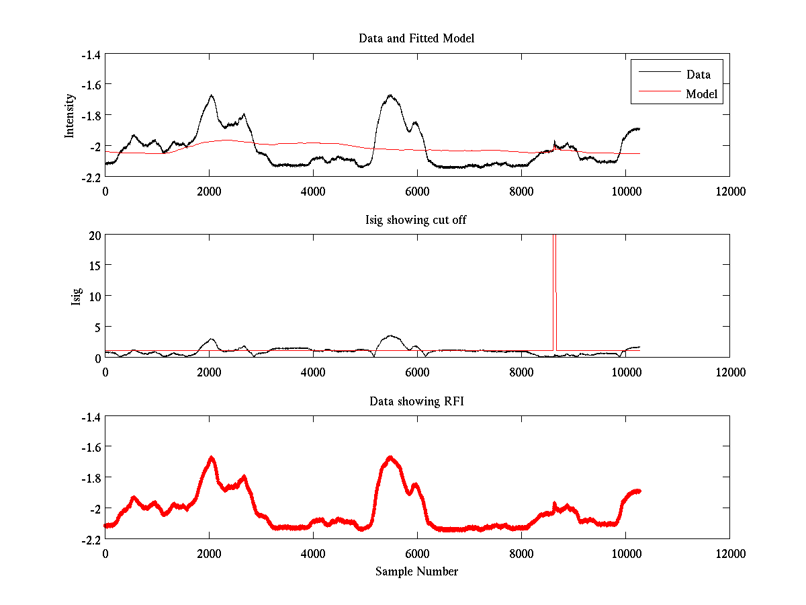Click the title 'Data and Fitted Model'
click(416, 38)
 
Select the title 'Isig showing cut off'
click(416, 220)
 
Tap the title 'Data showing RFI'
click(416, 401)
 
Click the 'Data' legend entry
click(698, 75)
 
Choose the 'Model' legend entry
click(701, 94)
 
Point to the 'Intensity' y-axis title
click(69, 116)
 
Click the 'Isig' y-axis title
click(76, 296)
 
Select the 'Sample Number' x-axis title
click(416, 571)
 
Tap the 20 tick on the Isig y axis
click(93, 235)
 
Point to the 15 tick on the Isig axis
click(93, 266)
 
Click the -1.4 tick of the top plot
click(90, 55)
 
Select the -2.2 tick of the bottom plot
click(90, 539)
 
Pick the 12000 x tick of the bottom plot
click(729, 554)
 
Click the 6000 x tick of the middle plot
click(417, 372)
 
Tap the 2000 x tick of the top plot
click(209, 191)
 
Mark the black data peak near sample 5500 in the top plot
click(390, 95)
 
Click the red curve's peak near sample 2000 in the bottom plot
click(212, 458)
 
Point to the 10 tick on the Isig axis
click(93, 296)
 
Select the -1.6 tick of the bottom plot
click(90, 446)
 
